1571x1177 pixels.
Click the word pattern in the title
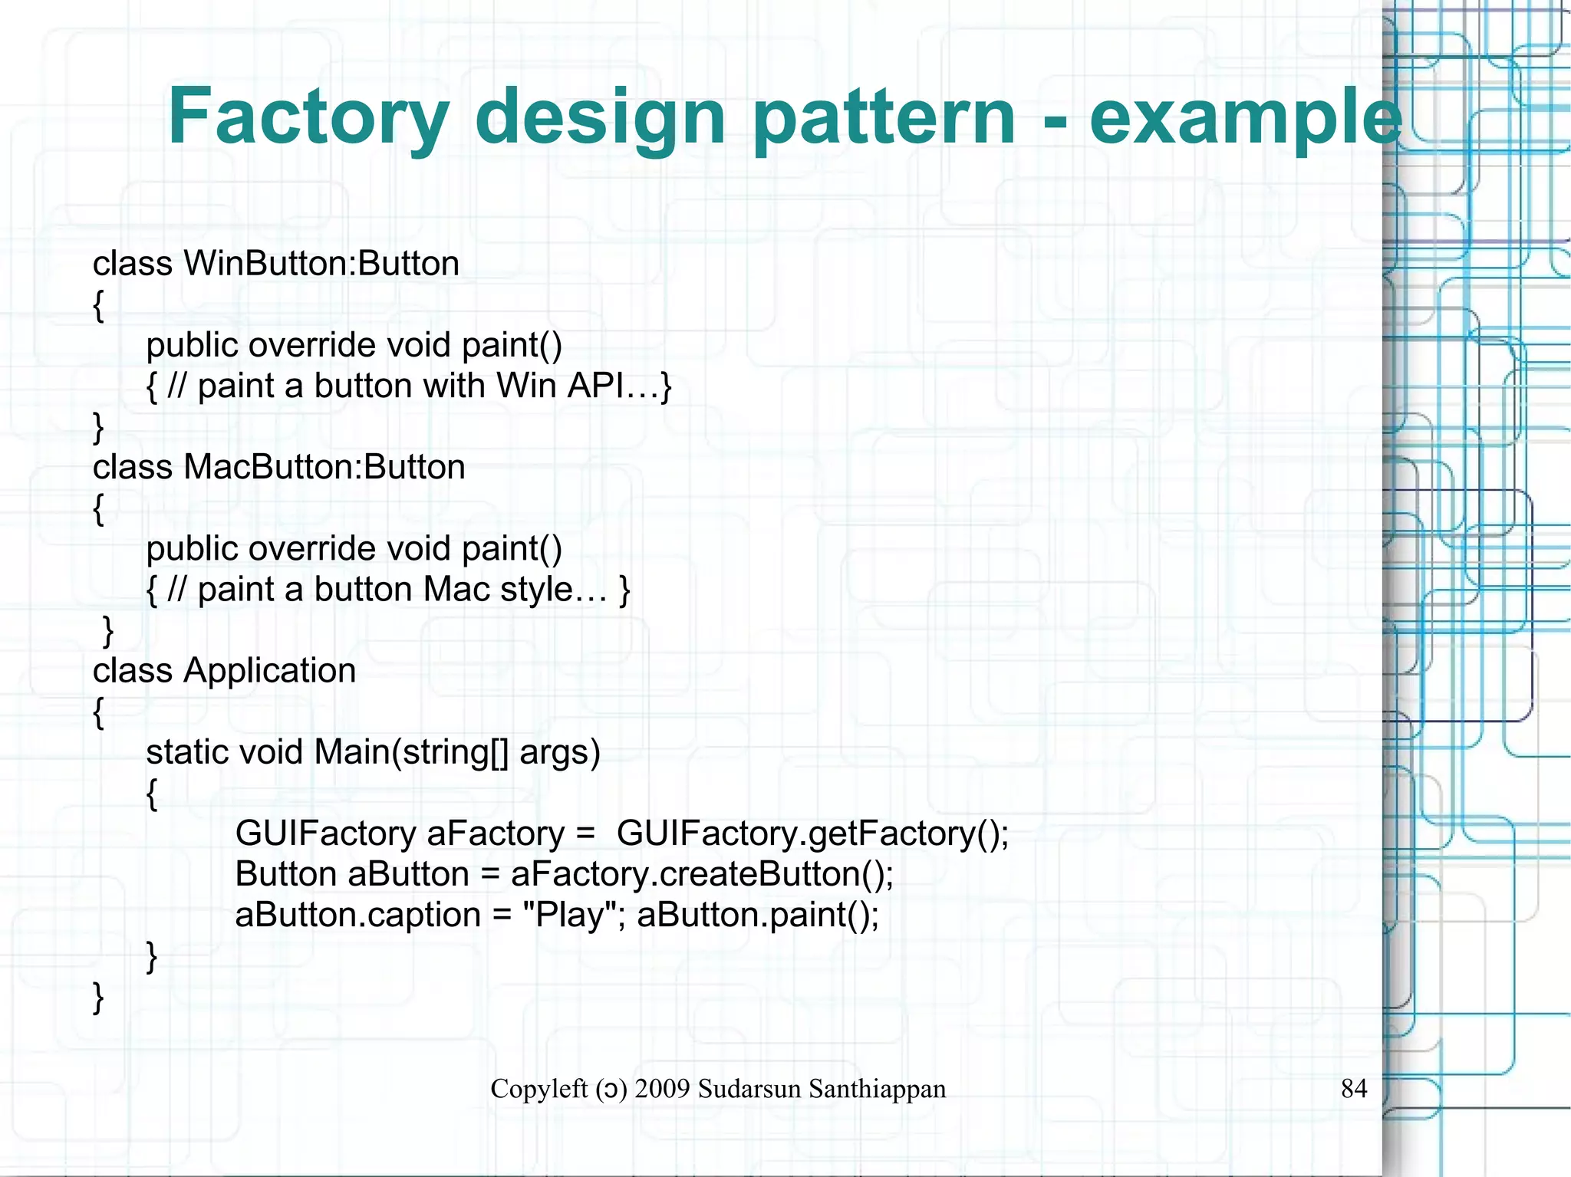coord(884,117)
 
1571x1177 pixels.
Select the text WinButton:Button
coord(321,264)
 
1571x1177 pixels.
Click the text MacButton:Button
coord(324,467)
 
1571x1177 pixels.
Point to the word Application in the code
coord(269,671)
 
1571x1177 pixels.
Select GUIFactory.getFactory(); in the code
coord(812,833)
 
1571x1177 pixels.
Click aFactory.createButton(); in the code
coord(702,874)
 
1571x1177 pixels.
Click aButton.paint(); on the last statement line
coord(758,915)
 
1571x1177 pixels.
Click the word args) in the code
coord(559,752)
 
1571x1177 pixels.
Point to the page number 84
coord(1354,1088)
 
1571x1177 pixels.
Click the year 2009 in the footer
coord(662,1089)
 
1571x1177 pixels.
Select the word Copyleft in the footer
coord(538,1089)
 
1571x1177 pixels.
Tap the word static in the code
coord(186,752)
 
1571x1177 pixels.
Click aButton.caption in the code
coord(357,915)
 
